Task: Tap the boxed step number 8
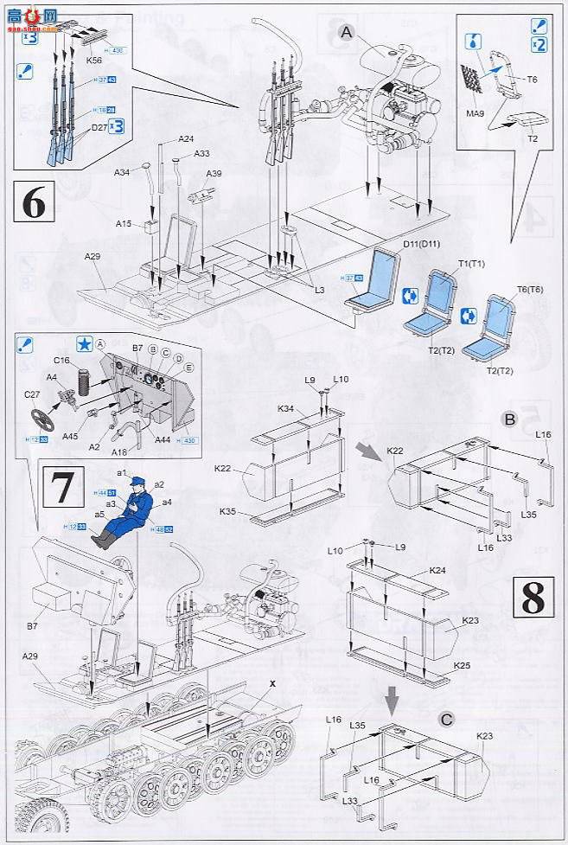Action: (534, 597)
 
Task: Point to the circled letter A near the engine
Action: (347, 33)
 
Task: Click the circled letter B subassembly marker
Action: (509, 419)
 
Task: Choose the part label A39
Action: (214, 174)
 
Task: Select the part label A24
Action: (187, 139)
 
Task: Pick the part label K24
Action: (437, 570)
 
